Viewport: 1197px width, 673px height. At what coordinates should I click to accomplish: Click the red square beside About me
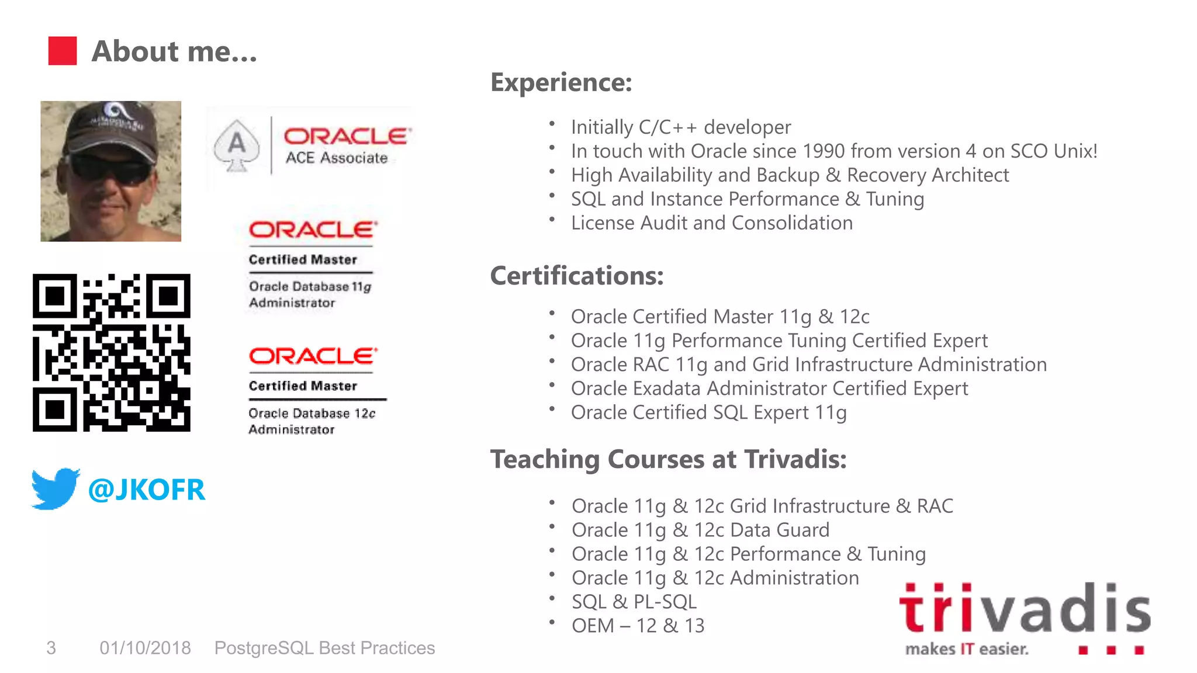(x=62, y=51)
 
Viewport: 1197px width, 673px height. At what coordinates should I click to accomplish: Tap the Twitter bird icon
(x=55, y=488)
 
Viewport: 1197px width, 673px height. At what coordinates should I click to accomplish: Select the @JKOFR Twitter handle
(x=146, y=490)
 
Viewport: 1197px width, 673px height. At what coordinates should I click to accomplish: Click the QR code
(x=111, y=352)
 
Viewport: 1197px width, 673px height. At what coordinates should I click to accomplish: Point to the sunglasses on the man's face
(x=110, y=169)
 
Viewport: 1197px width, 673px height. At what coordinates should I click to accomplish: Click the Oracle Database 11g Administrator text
(x=309, y=294)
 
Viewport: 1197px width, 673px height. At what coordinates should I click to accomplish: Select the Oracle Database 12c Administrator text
(x=311, y=421)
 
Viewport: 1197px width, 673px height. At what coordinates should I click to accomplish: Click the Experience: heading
(x=561, y=82)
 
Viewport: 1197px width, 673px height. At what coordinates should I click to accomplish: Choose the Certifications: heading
(x=576, y=276)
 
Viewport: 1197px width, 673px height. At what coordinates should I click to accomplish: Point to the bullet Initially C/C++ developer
(x=680, y=127)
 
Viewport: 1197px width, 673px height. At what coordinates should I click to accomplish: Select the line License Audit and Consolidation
(x=711, y=223)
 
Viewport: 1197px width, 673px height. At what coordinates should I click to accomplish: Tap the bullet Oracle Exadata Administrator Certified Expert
(x=769, y=388)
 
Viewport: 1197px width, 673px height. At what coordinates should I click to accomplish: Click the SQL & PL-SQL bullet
(x=634, y=602)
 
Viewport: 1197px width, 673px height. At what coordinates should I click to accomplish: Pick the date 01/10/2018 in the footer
(x=145, y=648)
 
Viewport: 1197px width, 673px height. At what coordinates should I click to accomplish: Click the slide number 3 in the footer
(x=51, y=648)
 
